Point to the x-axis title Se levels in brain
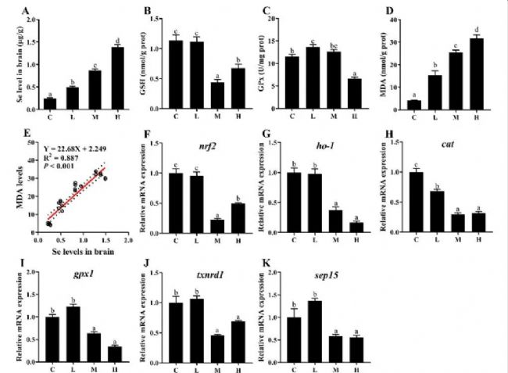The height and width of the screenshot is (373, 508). tap(82, 251)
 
